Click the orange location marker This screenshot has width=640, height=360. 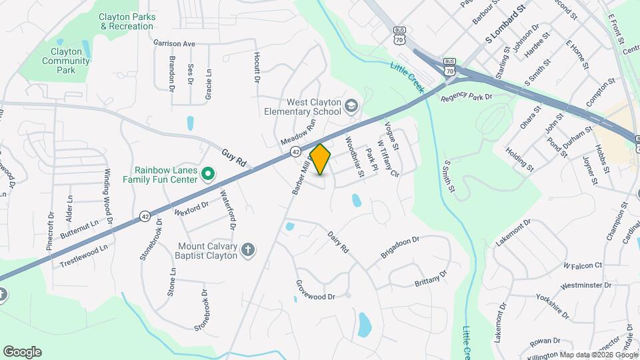[x=321, y=159]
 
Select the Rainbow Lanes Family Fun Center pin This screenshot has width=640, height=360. [x=207, y=175]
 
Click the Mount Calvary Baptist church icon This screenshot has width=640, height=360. [x=247, y=250]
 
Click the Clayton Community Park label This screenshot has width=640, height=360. [x=65, y=61]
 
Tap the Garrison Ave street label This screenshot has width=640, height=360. [x=174, y=43]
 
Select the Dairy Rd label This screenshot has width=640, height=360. [x=338, y=241]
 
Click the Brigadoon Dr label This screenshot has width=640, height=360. [x=399, y=247]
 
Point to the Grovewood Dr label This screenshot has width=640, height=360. [x=315, y=289]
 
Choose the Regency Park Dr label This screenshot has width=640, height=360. [x=466, y=97]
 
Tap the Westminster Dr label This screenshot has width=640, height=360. [x=586, y=286]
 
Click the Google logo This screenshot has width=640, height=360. [x=22, y=352]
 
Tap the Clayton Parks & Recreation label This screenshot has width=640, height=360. [x=126, y=21]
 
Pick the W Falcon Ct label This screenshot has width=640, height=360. [x=582, y=265]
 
